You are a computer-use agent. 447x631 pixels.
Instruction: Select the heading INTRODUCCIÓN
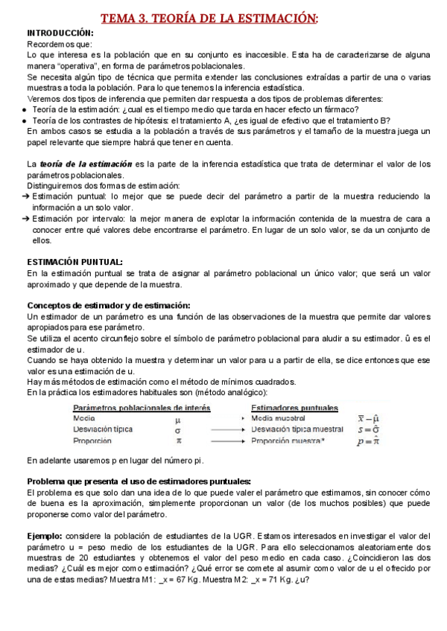(60, 33)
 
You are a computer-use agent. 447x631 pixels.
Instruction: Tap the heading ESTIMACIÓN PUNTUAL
(75, 262)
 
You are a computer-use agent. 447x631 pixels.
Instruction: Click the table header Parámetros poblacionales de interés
(142, 408)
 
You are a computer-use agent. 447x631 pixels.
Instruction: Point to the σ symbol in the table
(177, 429)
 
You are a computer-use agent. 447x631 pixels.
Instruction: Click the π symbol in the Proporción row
(177, 441)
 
